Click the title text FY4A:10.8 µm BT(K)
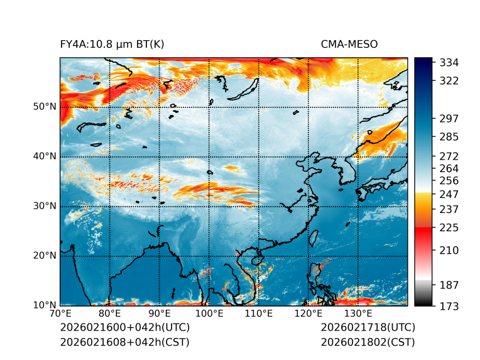pyautogui.click(x=112, y=44)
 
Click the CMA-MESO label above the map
pyautogui.click(x=349, y=44)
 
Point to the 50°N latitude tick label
pyautogui.click(x=45, y=106)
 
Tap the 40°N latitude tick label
pyautogui.click(x=45, y=156)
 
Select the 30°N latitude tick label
pyautogui.click(x=45, y=205)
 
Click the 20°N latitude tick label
pyautogui.click(x=45, y=255)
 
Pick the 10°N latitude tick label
pyautogui.click(x=45, y=305)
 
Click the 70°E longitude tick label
pyautogui.click(x=60, y=314)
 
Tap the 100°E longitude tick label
pyautogui.click(x=209, y=314)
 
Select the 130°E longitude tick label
pyautogui.click(x=358, y=314)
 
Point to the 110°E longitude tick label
pyautogui.click(x=259, y=314)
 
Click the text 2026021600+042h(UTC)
pyautogui.click(x=124, y=328)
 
